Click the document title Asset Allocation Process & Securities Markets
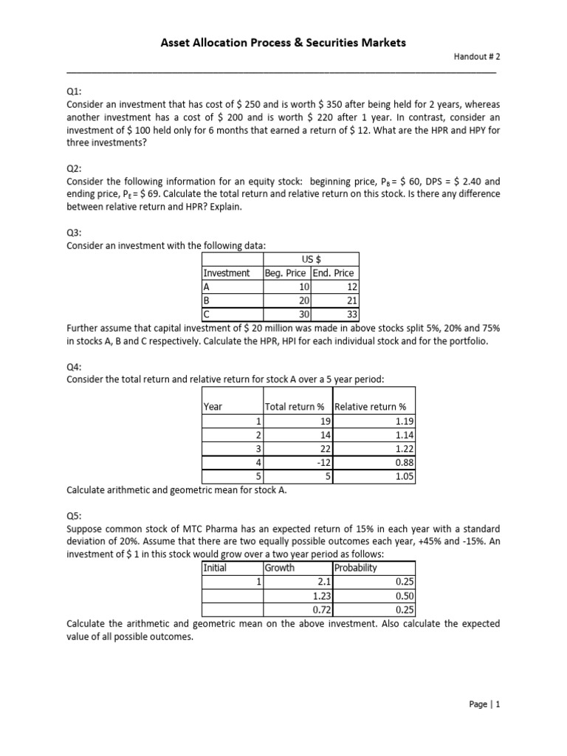pyautogui.click(x=283, y=43)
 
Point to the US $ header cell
pyautogui.click(x=310, y=259)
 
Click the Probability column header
pyautogui.click(x=356, y=568)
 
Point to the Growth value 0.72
pyautogui.click(x=320, y=609)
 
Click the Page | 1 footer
pyautogui.click(x=484, y=704)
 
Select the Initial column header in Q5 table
pyautogui.click(x=215, y=568)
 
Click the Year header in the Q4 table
pyautogui.click(x=213, y=407)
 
